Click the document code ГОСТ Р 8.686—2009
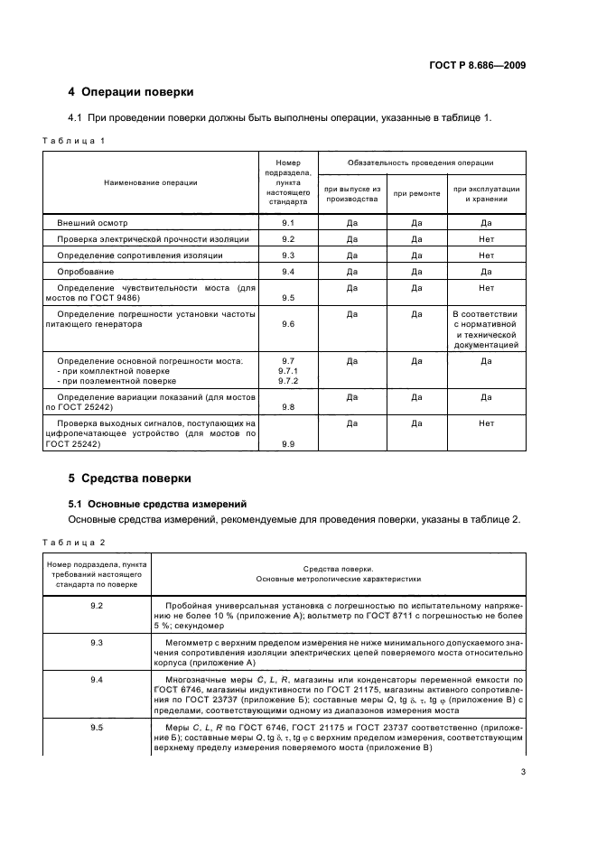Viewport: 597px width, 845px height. pyautogui.click(x=478, y=65)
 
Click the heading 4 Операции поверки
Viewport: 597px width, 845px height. pyautogui.click(x=131, y=92)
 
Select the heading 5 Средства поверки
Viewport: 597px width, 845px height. pyautogui.click(x=129, y=478)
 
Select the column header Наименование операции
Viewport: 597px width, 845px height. pyautogui.click(x=151, y=181)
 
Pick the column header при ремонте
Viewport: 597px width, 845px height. pyautogui.click(x=416, y=193)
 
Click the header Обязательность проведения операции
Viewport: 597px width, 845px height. pyautogui.click(x=421, y=162)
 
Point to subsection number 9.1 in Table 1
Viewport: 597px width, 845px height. pyautogui.click(x=288, y=222)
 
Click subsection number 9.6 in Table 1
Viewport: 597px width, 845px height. pyautogui.click(x=288, y=323)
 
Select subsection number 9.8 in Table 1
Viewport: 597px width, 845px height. pyautogui.click(x=288, y=407)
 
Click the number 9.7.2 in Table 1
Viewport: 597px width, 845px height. pyautogui.click(x=288, y=381)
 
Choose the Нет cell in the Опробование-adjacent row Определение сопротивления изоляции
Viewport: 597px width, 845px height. pyautogui.click(x=486, y=255)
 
